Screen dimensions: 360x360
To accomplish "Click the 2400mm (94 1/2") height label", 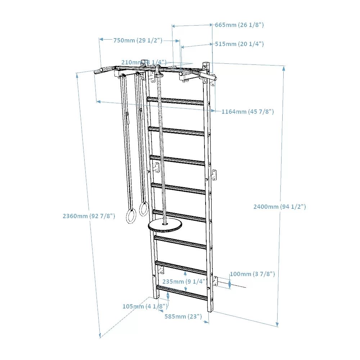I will coord(279,207).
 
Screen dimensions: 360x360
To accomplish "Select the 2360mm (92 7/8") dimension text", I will coord(89,216).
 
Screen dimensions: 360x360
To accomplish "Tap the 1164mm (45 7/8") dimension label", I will coord(247,112).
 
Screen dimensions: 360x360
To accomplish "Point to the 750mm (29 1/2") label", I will coord(138,40).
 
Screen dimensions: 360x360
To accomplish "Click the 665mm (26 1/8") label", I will coord(239,25).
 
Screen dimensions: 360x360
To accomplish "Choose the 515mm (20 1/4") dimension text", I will coord(239,44).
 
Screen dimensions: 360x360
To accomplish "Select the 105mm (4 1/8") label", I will coord(145,306).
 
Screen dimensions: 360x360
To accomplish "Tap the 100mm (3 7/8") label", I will coord(252,274).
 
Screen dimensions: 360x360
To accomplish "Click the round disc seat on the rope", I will coord(165,226).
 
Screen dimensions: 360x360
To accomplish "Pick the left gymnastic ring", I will coord(130,216).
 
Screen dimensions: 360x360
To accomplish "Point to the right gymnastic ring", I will coord(144,209).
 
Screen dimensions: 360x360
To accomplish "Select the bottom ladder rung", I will coord(182,292).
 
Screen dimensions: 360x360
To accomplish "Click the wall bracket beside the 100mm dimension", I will coord(215,282).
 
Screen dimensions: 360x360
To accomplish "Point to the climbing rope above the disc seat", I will coord(162,144).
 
